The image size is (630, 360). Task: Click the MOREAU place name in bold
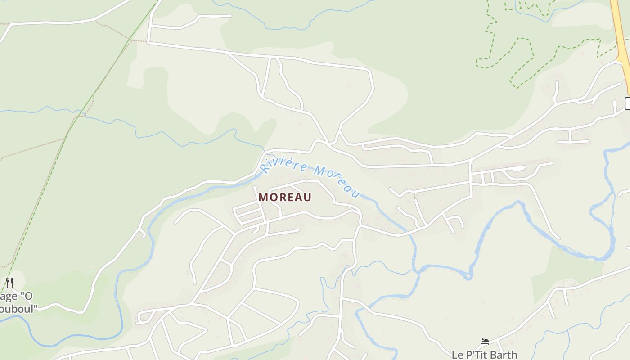tap(285, 198)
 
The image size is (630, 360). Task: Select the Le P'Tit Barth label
tap(484, 355)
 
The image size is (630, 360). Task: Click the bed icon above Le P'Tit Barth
tap(484, 342)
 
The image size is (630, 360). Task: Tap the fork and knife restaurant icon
tap(9, 283)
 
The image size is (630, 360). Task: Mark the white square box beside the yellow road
tap(628, 103)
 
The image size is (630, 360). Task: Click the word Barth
tap(503, 355)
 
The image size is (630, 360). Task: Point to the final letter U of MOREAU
tap(307, 198)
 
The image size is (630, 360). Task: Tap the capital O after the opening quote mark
tap(28, 296)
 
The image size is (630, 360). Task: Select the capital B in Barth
tap(492, 355)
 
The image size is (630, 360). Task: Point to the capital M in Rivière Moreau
tap(320, 171)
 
